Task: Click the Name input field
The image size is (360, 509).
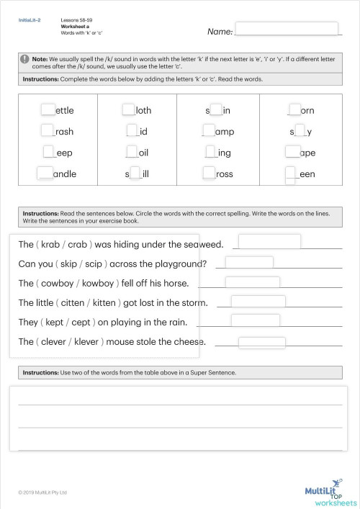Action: (x=287, y=29)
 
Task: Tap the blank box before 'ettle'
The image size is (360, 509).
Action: (x=48, y=109)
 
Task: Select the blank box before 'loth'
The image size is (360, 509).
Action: (x=128, y=109)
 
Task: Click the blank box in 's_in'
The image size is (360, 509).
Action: (x=215, y=110)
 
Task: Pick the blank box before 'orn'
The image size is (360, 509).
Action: (x=293, y=109)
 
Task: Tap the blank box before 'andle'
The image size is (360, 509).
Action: (x=45, y=173)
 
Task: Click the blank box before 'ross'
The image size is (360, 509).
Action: (x=209, y=173)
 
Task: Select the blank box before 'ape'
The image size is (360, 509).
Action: (x=292, y=152)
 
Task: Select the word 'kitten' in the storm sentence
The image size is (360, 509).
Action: (x=120, y=302)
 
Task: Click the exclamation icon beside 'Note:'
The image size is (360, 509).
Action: (x=26, y=58)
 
